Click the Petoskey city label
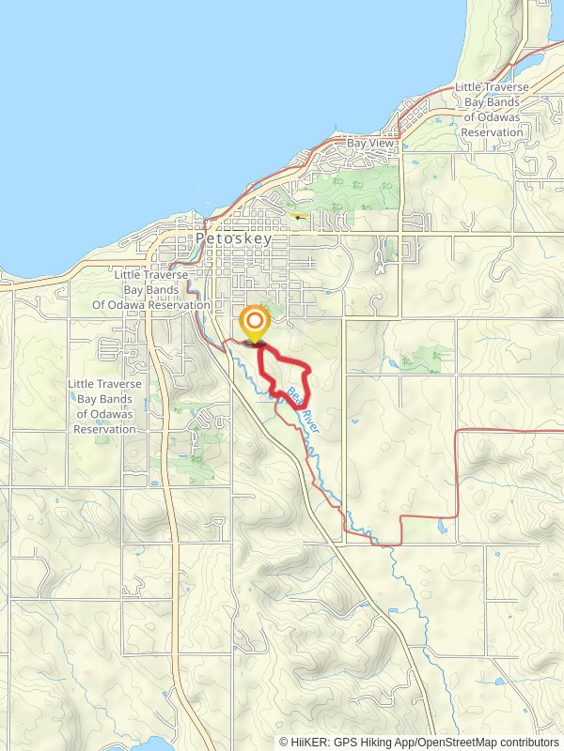[x=234, y=238]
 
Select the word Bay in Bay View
[x=356, y=143]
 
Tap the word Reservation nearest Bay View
[x=492, y=132]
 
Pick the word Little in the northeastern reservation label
[x=469, y=87]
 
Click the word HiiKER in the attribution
[x=308, y=742]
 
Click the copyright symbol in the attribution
[x=284, y=742]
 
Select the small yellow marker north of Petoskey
[x=298, y=215]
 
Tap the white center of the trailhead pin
[x=254, y=319]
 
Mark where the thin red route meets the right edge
[x=561, y=431]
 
